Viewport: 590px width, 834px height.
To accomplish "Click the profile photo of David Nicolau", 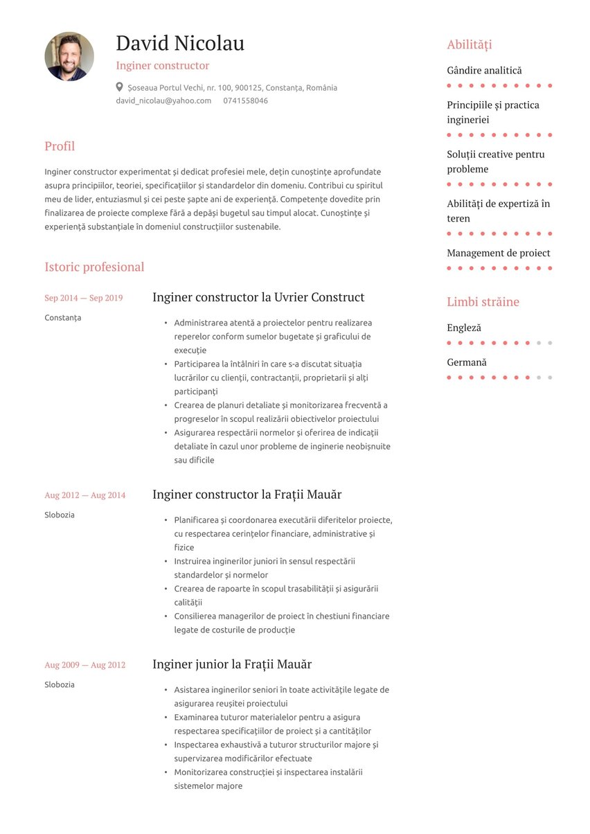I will [x=69, y=56].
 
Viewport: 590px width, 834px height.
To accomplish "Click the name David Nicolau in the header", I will [x=180, y=43].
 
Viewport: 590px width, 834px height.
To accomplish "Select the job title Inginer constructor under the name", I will [x=162, y=66].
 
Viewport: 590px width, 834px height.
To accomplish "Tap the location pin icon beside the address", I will [x=120, y=87].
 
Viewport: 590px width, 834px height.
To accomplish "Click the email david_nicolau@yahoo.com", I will [x=163, y=100].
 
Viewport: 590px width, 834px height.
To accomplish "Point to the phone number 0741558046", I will [x=245, y=100].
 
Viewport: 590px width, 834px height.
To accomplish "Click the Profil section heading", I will [x=60, y=146].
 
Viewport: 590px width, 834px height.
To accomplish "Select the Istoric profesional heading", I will [x=94, y=267].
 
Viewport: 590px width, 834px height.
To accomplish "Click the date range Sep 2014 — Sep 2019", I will [x=83, y=298].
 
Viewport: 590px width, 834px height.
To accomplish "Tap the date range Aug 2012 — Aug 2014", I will [x=84, y=495].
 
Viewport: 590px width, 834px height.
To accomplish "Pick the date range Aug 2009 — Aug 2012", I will [x=84, y=665].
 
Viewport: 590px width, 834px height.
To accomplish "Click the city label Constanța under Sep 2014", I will [x=62, y=317].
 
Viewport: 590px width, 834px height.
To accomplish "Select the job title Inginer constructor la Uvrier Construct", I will [x=258, y=297].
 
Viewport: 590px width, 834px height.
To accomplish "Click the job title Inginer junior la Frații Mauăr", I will [x=232, y=664].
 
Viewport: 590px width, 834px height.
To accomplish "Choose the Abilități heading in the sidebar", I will [x=469, y=45].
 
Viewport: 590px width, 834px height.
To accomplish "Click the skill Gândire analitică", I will [x=484, y=70].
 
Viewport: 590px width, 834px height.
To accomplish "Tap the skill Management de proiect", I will [x=498, y=253].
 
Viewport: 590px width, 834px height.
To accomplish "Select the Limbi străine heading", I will [x=483, y=302].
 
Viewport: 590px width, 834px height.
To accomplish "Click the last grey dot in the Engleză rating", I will [x=550, y=343].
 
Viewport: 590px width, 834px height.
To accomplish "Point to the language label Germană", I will [x=466, y=362].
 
